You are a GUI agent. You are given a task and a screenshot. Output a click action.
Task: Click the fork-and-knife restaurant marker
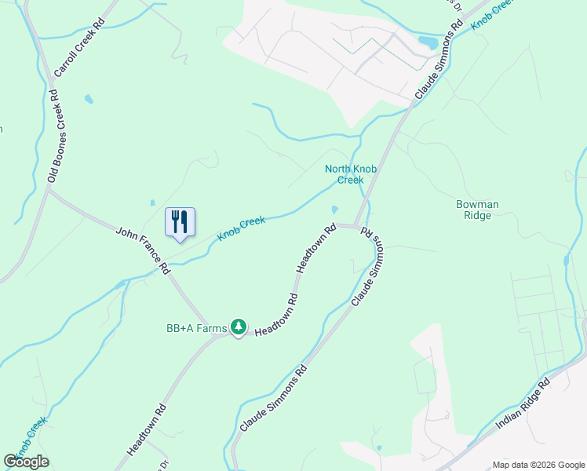coord(180,221)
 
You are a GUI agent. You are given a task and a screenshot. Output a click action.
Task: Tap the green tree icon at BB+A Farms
coord(239,327)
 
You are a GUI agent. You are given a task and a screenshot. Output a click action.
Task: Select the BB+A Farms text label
coord(196,327)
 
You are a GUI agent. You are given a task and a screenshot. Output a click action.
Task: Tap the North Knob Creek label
coord(345,174)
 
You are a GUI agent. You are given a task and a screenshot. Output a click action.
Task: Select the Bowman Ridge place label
coord(477,210)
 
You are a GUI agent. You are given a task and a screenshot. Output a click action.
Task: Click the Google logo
coord(26,462)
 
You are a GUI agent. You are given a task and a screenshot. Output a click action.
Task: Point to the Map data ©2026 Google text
coord(538,465)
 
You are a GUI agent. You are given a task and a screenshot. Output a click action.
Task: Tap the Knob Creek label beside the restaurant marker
coord(241,228)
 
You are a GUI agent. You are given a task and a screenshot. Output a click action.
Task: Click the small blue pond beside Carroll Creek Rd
coord(89,100)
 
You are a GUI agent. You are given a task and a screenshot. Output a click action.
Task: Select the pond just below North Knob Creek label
coord(335,210)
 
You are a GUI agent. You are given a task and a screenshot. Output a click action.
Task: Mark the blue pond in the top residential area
coord(427,41)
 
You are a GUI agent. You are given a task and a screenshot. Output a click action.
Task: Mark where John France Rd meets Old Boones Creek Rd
coord(49,191)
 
